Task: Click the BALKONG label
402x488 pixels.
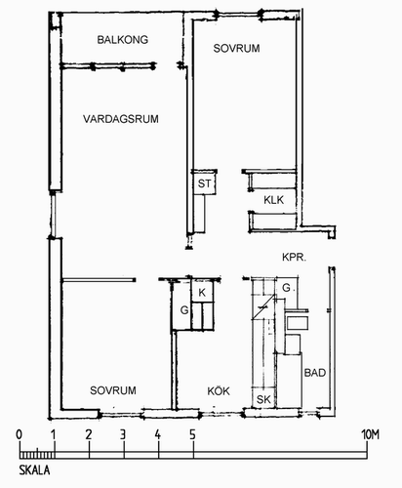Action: pos(123,40)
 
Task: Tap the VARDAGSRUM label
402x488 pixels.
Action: pos(121,119)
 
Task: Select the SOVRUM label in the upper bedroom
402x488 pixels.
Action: pos(236,49)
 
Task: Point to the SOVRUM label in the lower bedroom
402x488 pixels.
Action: pos(113,390)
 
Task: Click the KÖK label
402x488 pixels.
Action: pos(219,390)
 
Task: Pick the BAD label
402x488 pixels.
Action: pos(315,373)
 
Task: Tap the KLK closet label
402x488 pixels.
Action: pos(274,200)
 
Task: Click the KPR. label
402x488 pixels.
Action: pos(294,258)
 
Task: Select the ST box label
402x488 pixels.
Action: pos(204,183)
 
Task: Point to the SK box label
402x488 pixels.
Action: pos(263,399)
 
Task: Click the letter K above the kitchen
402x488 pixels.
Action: pos(202,293)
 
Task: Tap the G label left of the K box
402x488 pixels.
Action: pos(184,310)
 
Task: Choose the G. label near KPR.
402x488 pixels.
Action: pos(287,288)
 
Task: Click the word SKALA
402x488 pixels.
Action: pos(34,470)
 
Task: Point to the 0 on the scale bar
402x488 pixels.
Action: pos(20,434)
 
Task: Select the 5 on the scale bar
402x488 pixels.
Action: pos(193,434)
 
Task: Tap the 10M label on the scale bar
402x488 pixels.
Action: pos(371,434)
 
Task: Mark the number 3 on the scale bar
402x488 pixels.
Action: pos(123,434)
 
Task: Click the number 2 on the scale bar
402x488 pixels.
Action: pos(89,434)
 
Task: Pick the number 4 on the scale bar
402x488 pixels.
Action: pos(158,434)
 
